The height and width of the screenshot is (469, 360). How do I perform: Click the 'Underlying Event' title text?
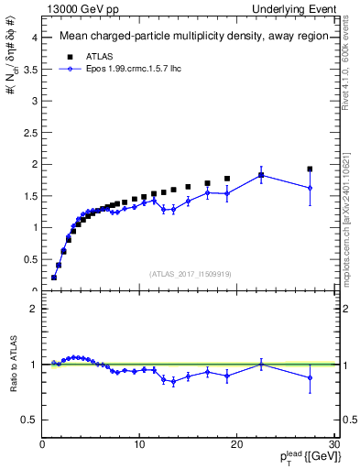point(295,9)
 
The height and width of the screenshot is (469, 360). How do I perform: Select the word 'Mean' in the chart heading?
point(76,38)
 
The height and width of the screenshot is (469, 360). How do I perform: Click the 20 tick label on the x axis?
point(237,445)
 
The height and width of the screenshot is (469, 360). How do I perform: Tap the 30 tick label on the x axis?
point(333,445)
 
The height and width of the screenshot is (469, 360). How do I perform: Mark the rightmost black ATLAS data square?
point(310,169)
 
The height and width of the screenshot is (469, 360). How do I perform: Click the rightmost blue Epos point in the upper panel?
point(310,188)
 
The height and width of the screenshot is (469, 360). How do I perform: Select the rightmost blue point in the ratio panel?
point(310,377)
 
